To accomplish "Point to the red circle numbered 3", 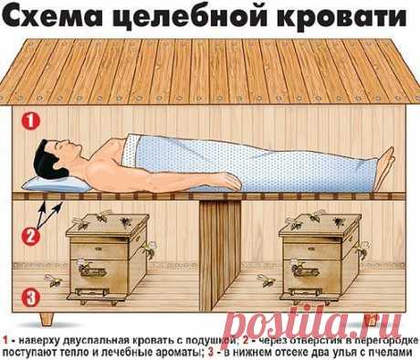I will tap(29, 296).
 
